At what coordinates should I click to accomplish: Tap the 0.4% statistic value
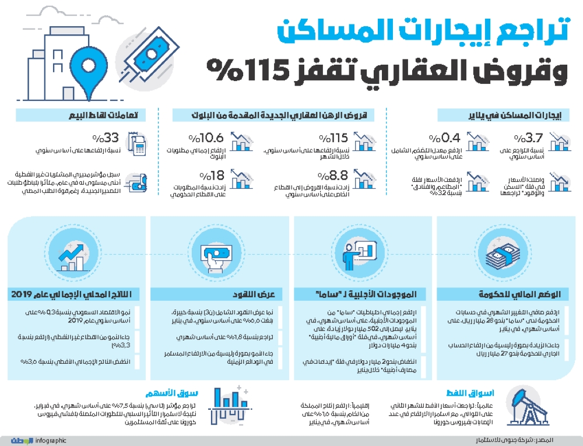tap(445, 138)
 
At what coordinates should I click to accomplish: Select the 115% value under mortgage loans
tap(333, 138)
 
